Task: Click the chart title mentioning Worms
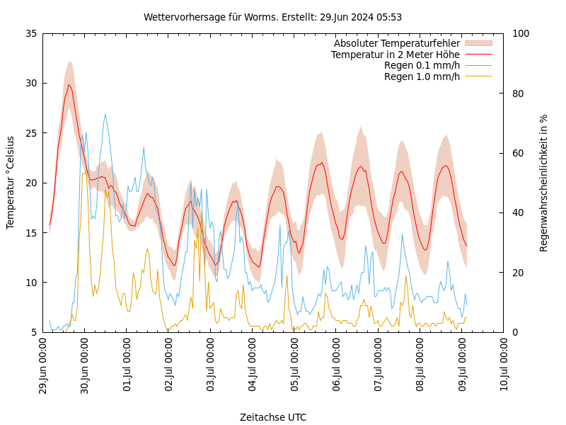tap(272, 17)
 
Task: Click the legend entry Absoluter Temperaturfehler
tap(396, 43)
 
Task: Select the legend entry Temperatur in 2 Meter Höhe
tap(395, 55)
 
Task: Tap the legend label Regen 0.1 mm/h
tap(422, 66)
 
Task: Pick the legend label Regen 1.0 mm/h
tap(422, 76)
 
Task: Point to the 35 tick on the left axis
tap(30, 33)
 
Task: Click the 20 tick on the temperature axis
tap(30, 183)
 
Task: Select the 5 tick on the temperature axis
tap(33, 332)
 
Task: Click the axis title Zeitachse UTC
tap(273, 417)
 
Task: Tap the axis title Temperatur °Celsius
tap(11, 183)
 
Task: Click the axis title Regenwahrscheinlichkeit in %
tap(544, 183)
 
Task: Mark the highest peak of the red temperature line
tap(69, 85)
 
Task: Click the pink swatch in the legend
tap(478, 43)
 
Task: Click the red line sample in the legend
tap(478, 55)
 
